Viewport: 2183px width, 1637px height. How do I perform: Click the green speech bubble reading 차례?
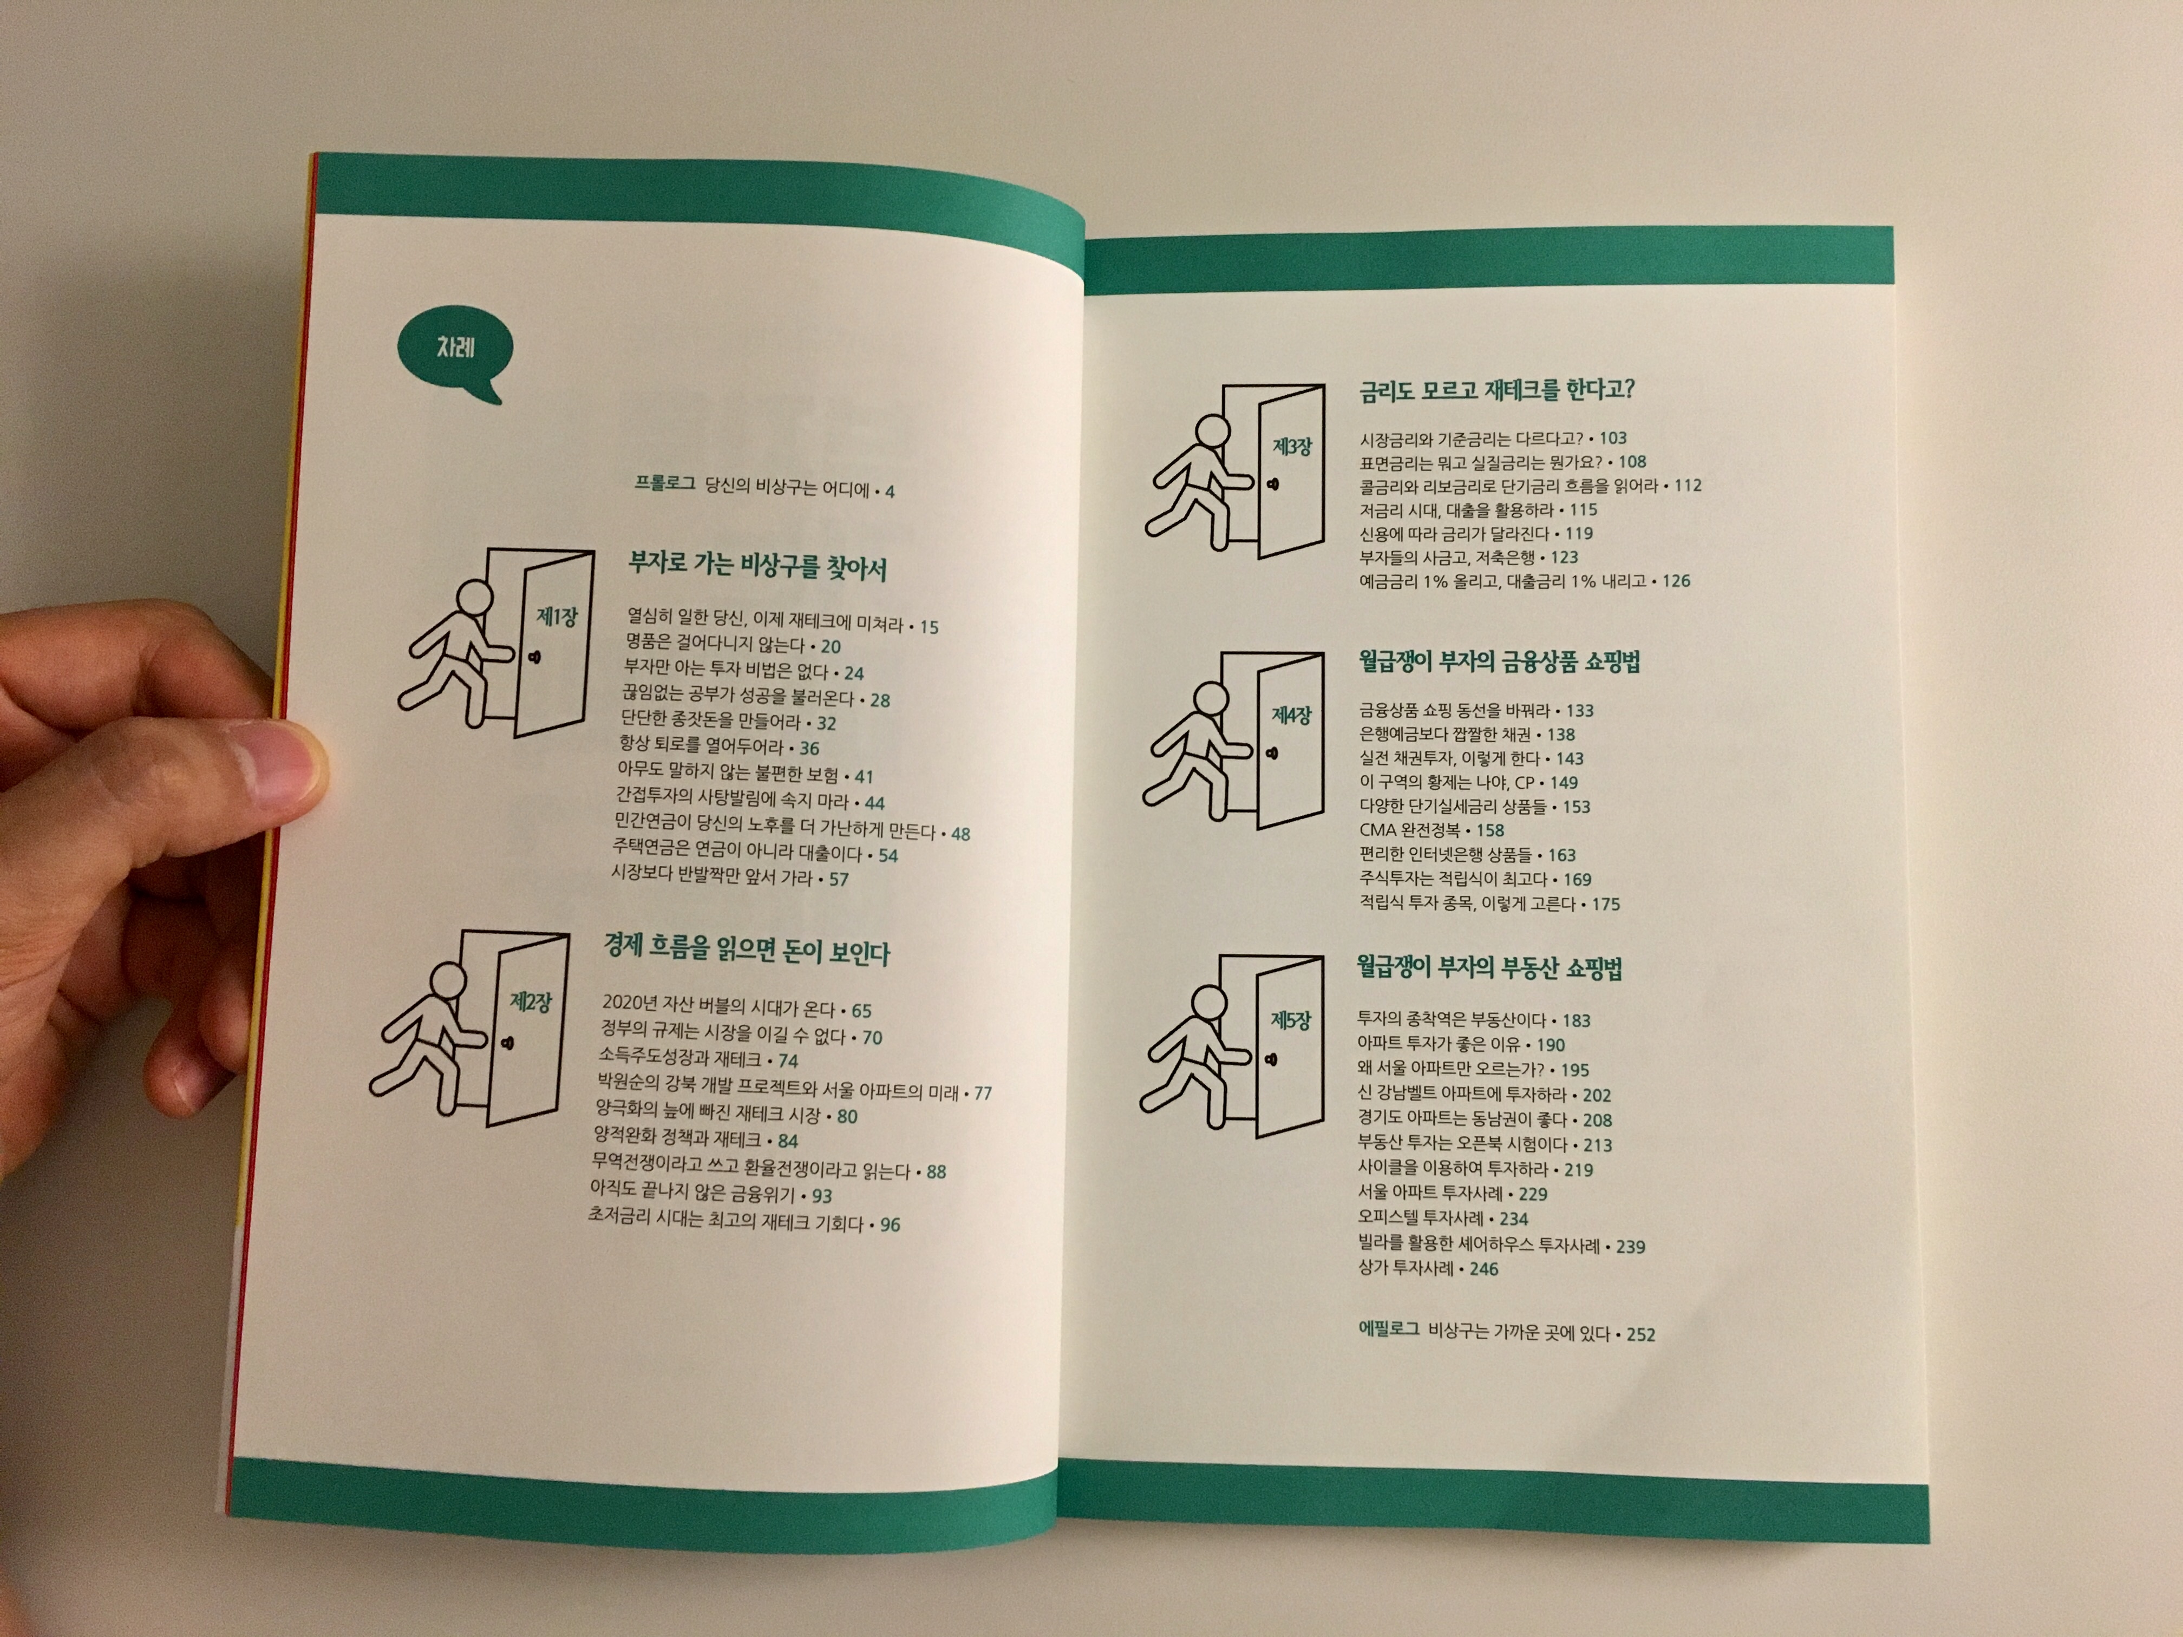tap(453, 354)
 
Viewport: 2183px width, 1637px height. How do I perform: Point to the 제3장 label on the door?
tap(1292, 447)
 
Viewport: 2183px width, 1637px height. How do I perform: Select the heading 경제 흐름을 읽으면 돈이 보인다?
tap(746, 950)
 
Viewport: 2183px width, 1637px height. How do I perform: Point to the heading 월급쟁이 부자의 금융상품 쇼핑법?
tap(1499, 661)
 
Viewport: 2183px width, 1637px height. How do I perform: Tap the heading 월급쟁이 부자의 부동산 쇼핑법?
tap(1489, 967)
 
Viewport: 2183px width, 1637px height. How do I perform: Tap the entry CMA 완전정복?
tap(1409, 830)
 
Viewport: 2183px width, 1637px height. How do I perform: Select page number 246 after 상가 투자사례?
tap(1483, 1269)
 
